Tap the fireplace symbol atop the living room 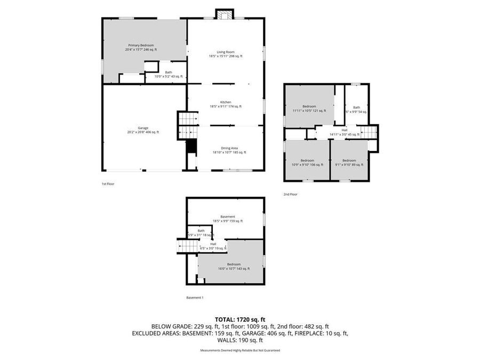click(224, 14)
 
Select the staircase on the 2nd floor click(367, 131)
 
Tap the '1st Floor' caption click(108, 184)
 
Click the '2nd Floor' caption click(291, 195)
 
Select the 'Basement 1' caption click(195, 298)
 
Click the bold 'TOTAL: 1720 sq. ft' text click(239, 318)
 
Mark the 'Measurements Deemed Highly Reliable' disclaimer click(240, 350)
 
